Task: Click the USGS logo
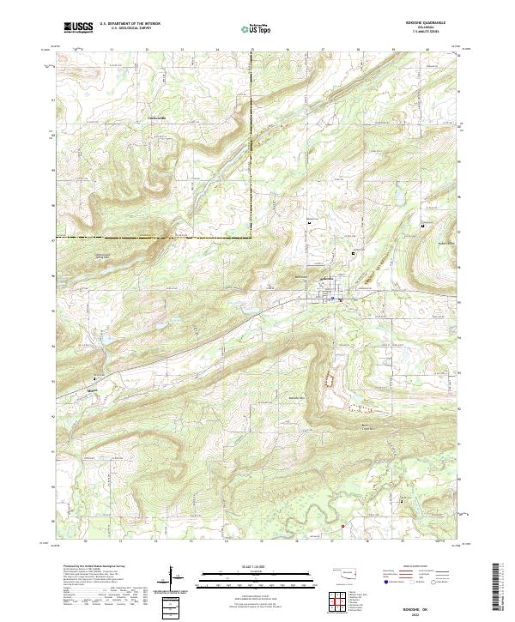coord(78,27)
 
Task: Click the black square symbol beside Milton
coord(95,378)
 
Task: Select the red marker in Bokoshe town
coord(341,299)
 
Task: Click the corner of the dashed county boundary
coord(251,236)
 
